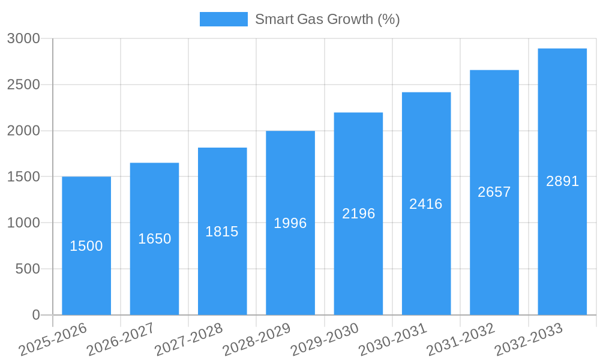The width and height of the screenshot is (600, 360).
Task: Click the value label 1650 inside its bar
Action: pos(154,239)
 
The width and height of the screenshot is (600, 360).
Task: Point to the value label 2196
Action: pos(358,214)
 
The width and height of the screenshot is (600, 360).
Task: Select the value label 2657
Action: pos(494,192)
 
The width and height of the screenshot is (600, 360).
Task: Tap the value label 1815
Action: pos(222,232)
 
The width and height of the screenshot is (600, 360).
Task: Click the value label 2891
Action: pos(562,181)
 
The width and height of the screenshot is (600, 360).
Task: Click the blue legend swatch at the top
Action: pos(223,19)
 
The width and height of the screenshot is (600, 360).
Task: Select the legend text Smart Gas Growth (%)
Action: pos(327,19)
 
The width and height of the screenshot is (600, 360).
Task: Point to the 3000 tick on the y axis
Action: pos(23,38)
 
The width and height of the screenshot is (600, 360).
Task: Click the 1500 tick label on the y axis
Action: pos(23,177)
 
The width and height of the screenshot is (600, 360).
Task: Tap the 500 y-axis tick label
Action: pos(28,269)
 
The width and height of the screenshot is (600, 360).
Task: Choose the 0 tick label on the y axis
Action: pos(35,315)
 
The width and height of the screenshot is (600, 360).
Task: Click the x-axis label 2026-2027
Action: pos(121,340)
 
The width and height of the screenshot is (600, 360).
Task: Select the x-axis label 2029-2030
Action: pos(325,340)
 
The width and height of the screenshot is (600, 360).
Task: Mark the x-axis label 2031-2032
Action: pos(460,340)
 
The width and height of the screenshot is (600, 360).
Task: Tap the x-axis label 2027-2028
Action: pos(188,340)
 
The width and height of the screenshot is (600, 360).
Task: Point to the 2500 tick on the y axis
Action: pos(23,85)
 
